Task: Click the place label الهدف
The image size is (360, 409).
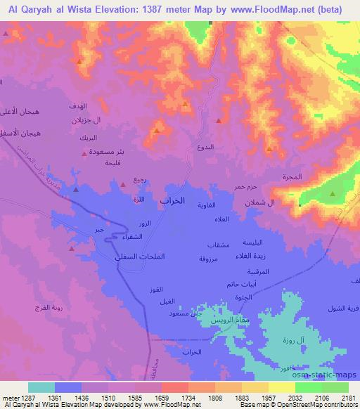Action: (80, 106)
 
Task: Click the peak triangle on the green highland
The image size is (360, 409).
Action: (331, 194)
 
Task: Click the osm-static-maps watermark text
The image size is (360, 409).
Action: (324, 375)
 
